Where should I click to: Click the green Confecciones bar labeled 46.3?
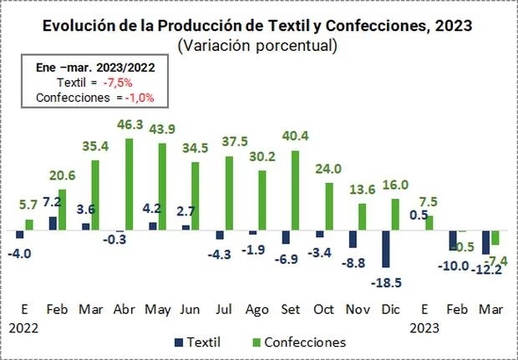(x=129, y=184)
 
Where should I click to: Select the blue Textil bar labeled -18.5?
(x=387, y=249)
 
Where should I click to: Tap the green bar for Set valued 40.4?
(x=295, y=190)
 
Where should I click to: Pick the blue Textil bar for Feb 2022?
(x=53, y=223)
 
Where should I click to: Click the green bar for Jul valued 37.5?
(x=228, y=193)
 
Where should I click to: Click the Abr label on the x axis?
(x=124, y=309)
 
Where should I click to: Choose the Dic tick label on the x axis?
(x=389, y=309)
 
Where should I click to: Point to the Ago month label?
(x=256, y=309)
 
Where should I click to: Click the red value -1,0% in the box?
(x=141, y=97)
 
